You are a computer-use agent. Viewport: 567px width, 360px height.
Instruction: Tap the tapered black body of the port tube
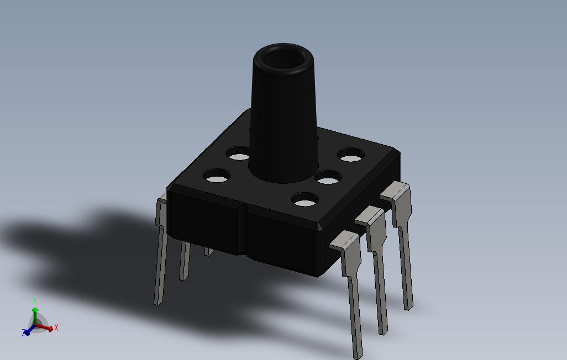283,126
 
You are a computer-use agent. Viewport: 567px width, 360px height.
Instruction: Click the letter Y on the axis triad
35,301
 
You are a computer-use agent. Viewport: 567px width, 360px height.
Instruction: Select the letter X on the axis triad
56,328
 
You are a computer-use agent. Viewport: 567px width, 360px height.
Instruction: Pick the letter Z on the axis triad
24,332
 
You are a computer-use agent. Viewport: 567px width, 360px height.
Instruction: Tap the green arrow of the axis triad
35,315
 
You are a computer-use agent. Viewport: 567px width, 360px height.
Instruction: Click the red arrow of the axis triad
44,327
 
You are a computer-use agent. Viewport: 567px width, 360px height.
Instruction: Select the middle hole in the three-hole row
328,177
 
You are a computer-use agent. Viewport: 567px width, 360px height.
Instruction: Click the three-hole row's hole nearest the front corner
305,199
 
